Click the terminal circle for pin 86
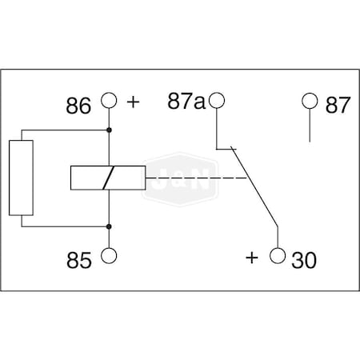tap(108, 102)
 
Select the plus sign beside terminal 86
tap(133, 102)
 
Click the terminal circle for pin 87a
tap(216, 102)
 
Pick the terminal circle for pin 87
tap(310, 102)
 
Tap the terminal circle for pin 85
tap(108, 256)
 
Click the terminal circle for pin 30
tap(278, 256)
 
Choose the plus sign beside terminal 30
tap(253, 257)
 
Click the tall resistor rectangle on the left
tap(21, 178)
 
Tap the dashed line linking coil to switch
tap(196, 178)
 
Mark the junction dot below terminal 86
tap(108, 129)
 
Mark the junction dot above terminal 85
tap(108, 227)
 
